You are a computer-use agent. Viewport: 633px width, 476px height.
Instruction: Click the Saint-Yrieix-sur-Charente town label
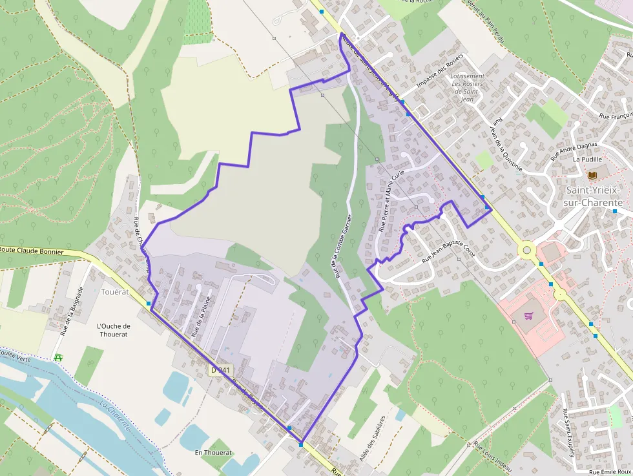[x=594, y=196]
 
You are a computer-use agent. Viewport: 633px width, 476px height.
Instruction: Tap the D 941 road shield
[x=220, y=370]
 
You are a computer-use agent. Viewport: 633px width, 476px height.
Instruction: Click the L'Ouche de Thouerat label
[x=113, y=330]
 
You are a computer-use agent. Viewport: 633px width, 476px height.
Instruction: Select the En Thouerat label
[x=213, y=453]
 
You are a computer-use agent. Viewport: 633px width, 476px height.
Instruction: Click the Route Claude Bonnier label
[x=32, y=251]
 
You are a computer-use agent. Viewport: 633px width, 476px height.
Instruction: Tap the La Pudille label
[x=587, y=159]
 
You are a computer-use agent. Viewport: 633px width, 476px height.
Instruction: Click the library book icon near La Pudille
[x=592, y=174]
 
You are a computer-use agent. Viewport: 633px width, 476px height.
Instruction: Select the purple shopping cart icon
[x=529, y=316]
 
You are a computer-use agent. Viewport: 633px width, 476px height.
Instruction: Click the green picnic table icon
[x=59, y=357]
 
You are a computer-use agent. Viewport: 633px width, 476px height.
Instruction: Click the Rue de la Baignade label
[x=72, y=311]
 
